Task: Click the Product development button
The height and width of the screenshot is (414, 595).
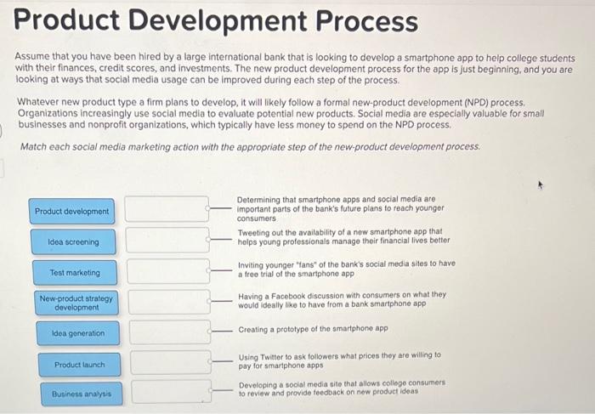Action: [x=72, y=211]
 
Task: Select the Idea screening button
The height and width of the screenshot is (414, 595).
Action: [x=73, y=242]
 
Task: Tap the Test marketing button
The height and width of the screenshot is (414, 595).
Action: [x=75, y=273]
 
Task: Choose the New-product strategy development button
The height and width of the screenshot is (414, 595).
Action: [x=76, y=303]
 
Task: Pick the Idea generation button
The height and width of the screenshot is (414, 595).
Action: [x=77, y=333]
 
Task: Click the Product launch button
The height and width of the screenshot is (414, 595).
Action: [x=80, y=365]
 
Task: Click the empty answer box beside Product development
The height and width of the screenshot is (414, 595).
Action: [x=167, y=209]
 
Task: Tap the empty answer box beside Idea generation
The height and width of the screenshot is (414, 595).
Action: [x=170, y=332]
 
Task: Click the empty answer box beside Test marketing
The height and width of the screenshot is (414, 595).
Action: [x=168, y=271]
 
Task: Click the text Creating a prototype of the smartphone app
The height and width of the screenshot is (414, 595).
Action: [x=313, y=329]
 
